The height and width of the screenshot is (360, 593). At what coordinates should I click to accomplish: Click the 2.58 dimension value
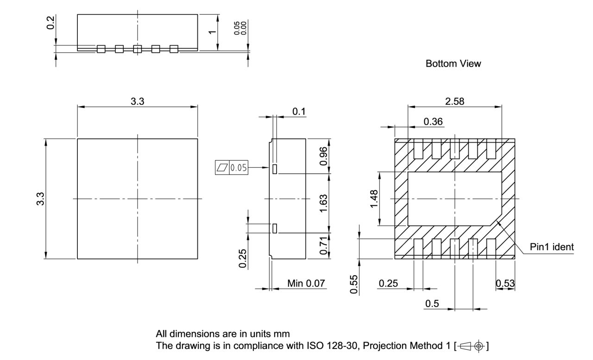pos(454,101)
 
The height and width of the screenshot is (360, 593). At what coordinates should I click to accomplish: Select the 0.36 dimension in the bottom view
pos(433,121)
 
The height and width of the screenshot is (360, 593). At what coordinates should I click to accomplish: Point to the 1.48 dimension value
pos(374,199)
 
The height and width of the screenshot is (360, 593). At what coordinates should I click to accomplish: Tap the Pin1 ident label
pos(552,247)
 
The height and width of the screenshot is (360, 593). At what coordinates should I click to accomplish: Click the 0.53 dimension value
pos(505,283)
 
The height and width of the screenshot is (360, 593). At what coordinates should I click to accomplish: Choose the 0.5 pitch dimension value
pos(432,303)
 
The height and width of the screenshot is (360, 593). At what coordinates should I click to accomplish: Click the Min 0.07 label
pos(306,283)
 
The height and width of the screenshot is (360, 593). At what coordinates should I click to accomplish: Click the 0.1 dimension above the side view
pos(299,112)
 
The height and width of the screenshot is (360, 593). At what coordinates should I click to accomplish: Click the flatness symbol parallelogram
pos(222,168)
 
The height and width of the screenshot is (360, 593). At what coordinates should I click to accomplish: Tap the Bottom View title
pos(453,64)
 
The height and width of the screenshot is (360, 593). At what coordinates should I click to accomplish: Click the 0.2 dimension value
pos(52,23)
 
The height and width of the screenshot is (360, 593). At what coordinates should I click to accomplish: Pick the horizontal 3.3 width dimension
pos(137,101)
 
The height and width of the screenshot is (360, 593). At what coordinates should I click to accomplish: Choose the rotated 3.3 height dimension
pos(41,199)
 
